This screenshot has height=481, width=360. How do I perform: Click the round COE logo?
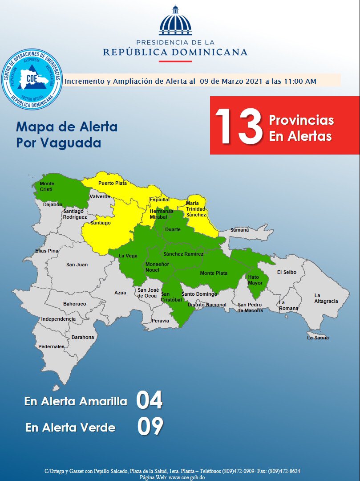(x=32, y=80)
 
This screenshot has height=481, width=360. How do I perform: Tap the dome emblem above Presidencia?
(x=175, y=21)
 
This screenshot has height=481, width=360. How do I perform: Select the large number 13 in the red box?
(x=239, y=126)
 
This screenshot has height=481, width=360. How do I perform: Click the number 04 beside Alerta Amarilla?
(x=150, y=400)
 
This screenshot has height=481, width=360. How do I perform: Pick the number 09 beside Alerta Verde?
(x=150, y=427)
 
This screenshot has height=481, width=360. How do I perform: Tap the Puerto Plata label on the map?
(x=113, y=183)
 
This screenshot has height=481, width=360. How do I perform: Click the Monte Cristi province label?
(x=46, y=187)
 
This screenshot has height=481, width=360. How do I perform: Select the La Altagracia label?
(x=326, y=298)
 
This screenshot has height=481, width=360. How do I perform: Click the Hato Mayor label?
(x=255, y=280)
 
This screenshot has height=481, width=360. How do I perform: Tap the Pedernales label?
(x=51, y=346)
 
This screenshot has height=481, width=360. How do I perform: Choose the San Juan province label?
(x=77, y=265)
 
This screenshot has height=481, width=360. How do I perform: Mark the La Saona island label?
(x=318, y=338)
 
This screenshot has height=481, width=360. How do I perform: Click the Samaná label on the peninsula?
(x=239, y=230)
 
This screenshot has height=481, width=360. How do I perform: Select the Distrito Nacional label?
(x=207, y=305)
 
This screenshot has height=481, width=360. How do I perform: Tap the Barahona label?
(x=83, y=337)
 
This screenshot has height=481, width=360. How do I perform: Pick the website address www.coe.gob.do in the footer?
(x=186, y=477)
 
